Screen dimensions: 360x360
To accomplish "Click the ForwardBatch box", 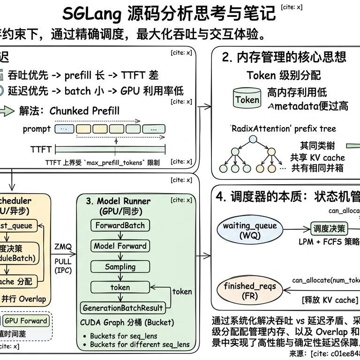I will [120, 225].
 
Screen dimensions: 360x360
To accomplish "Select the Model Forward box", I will [120, 246].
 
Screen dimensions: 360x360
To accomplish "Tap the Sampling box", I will [120, 267].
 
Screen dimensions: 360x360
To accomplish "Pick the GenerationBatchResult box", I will [123, 308].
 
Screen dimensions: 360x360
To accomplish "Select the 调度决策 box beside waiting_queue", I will [329, 229].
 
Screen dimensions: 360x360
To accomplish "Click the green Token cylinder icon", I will [247, 99].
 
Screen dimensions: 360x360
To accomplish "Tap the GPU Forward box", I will [26, 321].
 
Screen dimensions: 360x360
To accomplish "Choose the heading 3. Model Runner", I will [118, 201].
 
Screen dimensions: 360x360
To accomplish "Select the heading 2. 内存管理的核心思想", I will [284, 57].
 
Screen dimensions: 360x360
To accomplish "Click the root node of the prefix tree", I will [253, 139].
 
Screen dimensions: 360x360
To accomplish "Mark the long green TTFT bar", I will [111, 150].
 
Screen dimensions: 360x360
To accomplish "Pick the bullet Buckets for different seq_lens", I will [140, 345].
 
